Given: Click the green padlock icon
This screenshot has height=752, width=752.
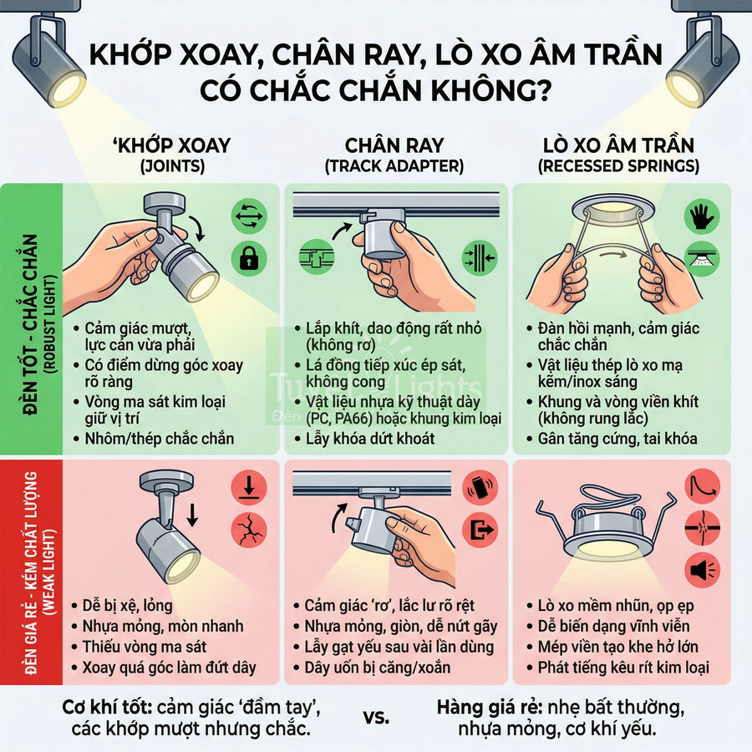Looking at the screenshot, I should pos(250,259).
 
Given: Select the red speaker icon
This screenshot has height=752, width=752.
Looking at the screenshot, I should pos(700,571).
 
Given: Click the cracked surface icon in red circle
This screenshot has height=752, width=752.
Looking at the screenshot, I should pos(250,529).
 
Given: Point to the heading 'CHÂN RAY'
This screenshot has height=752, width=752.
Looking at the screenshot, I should pos(394,145).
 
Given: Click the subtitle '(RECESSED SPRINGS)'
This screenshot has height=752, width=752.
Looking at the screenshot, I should pos(619,166).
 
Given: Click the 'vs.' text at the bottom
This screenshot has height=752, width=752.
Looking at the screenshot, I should pos(377,717).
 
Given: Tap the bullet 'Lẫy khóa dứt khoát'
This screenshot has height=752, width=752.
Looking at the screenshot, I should pos(370,439).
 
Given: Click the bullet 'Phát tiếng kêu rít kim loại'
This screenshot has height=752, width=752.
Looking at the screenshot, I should pos(618,667).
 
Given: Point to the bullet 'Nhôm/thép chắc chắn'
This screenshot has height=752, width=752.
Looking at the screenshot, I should pos(160,439).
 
